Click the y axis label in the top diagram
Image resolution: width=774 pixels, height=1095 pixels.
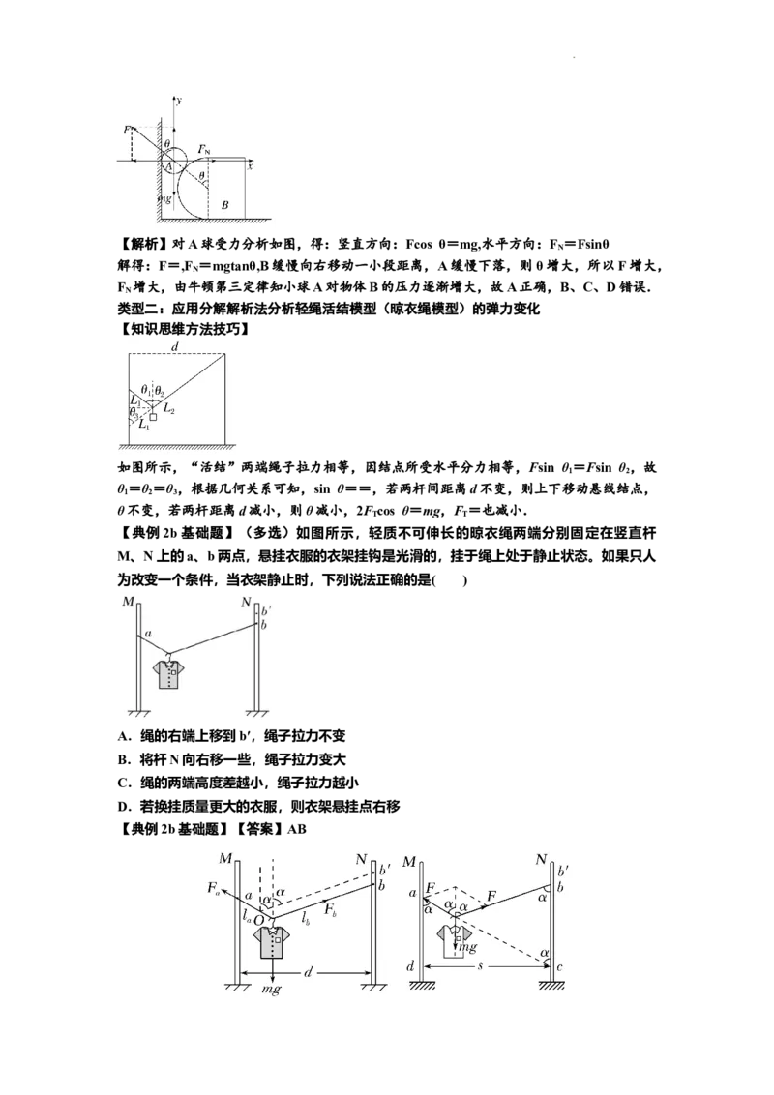tap(180, 101)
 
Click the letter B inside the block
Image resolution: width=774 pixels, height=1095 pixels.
tap(224, 205)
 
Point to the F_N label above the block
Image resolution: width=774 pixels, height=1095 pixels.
tap(204, 149)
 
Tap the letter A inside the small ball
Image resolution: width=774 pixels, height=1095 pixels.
tap(167, 167)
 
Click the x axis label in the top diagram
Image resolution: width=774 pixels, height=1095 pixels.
tap(250, 166)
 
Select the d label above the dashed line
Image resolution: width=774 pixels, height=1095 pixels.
tap(175, 346)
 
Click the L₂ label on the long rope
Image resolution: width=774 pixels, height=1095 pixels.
tap(169, 408)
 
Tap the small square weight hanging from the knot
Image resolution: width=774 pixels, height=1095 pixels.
tap(153, 416)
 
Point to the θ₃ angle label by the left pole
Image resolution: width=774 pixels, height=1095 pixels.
tap(134, 412)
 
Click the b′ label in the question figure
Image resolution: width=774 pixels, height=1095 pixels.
tap(266, 610)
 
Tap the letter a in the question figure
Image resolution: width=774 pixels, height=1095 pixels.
tap(148, 633)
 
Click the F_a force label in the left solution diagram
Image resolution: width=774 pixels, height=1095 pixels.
tap(214, 888)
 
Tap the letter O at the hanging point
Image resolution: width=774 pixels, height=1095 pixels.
tap(258, 921)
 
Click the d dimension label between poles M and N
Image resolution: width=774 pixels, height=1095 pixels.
tap(308, 971)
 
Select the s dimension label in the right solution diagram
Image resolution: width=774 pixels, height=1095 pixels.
tap(480, 966)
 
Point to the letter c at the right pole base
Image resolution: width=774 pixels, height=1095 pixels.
tap(560, 967)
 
